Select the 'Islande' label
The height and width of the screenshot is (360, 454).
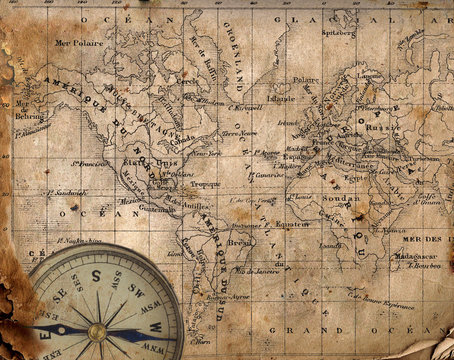click(x=282, y=98)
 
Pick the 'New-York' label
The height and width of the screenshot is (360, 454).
click(x=206, y=153)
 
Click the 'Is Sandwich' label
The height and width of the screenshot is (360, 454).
click(x=71, y=192)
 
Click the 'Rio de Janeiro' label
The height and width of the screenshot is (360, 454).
click(x=254, y=271)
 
